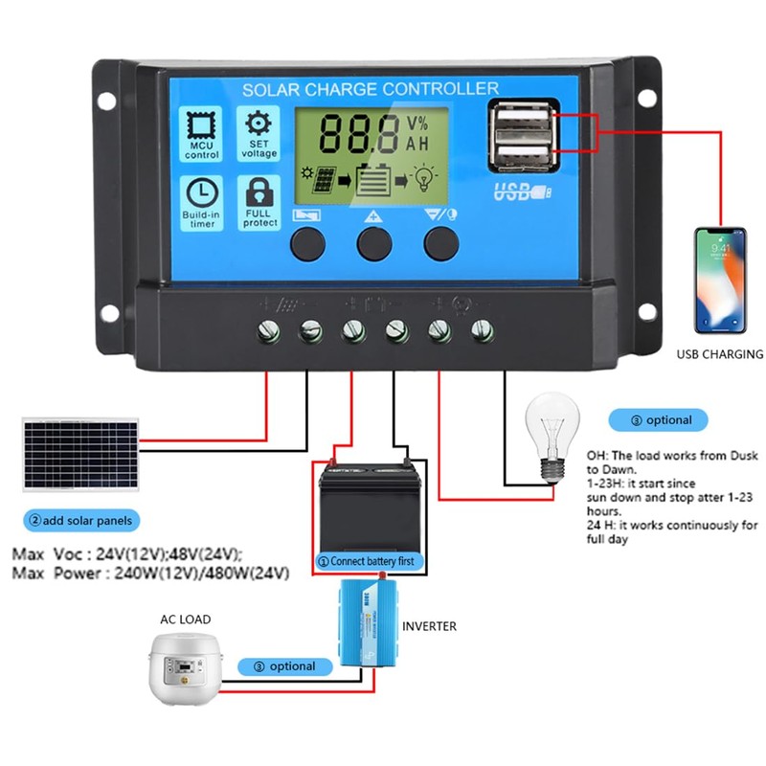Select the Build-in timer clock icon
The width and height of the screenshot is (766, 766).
202,192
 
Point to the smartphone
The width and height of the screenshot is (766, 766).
720,279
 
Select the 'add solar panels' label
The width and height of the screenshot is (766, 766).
81,521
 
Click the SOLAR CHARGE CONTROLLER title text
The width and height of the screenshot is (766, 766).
370,89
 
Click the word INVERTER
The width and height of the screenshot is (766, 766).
429,626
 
